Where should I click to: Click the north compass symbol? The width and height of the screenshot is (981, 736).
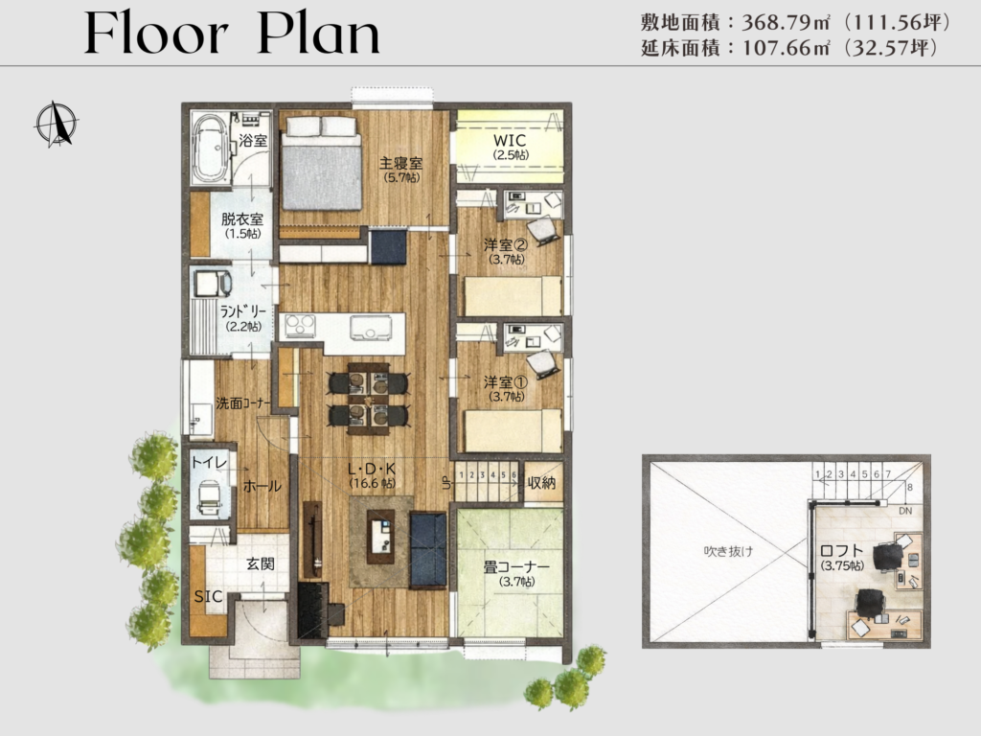point(57,124)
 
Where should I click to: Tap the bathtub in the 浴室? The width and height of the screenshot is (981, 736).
point(210,149)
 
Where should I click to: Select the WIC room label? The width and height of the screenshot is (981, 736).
point(510,140)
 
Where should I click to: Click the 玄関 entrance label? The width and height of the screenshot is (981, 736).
point(260,563)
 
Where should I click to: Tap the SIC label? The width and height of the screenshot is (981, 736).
point(208,596)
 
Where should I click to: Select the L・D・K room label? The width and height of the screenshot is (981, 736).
point(373,469)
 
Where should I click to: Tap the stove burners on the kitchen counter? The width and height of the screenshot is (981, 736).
point(299,326)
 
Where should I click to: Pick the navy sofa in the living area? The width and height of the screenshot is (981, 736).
point(428,550)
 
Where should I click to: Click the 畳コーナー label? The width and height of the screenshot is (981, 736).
point(516,567)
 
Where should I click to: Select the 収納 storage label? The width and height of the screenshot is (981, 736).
point(541,483)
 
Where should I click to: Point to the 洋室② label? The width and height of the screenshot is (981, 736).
point(506,244)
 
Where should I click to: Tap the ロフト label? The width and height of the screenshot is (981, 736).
point(841,551)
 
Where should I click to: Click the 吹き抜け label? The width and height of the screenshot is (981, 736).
point(728,551)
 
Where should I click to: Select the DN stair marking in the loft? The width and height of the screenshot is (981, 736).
point(905,511)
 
